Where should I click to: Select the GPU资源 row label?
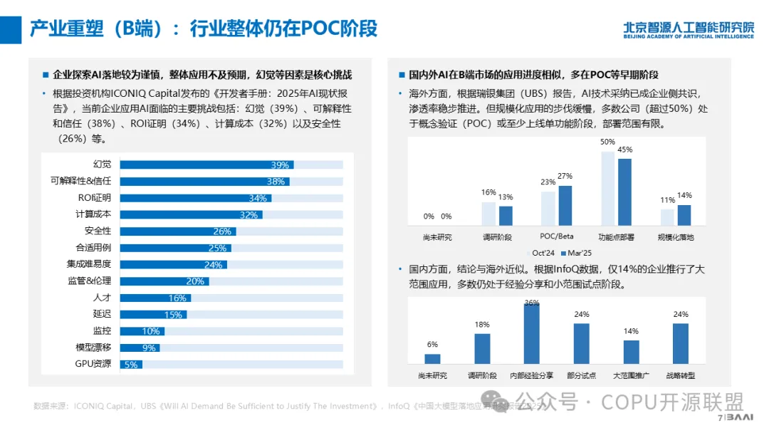point(93,364)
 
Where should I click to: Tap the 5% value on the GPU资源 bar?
point(131,365)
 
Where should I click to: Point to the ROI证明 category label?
point(94,198)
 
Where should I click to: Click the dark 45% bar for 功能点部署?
point(624,192)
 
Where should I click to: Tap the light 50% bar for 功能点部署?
point(607,188)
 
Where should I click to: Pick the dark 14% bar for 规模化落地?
point(684,215)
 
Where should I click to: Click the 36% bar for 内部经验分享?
point(532,334)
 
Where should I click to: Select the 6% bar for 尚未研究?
point(432,359)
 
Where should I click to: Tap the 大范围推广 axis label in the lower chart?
point(632,375)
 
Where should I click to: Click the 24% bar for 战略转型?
point(681,343)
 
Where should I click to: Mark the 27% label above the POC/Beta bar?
point(565,176)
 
